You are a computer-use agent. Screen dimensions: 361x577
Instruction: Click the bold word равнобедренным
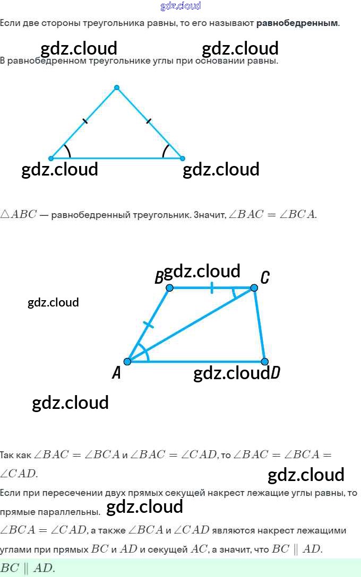point(297,23)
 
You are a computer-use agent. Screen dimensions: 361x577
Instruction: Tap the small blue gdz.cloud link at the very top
point(180,6)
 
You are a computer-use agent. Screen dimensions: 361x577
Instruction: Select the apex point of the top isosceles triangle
point(117,88)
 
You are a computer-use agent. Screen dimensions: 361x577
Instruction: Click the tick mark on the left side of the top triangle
point(85,121)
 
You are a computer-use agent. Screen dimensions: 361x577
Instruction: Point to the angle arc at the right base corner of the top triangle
point(165,151)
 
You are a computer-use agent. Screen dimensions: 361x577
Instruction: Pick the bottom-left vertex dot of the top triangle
point(51,158)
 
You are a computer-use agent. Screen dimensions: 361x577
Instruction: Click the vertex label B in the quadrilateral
point(159,278)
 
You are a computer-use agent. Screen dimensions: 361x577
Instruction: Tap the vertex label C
point(265,277)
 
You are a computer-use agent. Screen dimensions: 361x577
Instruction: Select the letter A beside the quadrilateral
point(117,373)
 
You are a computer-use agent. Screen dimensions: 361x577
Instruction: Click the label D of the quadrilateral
point(275,373)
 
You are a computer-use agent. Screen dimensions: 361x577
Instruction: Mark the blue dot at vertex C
point(254,287)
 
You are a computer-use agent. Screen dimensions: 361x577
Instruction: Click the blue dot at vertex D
point(264,362)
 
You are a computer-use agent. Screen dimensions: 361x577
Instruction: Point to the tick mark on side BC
point(212,288)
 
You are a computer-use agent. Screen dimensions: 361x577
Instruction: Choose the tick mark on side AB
point(149,325)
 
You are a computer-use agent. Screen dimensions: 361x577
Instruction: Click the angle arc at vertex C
point(235,293)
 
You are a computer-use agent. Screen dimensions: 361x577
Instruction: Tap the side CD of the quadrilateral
point(259,325)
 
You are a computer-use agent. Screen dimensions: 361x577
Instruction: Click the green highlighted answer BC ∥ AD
point(28,568)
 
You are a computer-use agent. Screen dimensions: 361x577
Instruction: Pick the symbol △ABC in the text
point(19,215)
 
